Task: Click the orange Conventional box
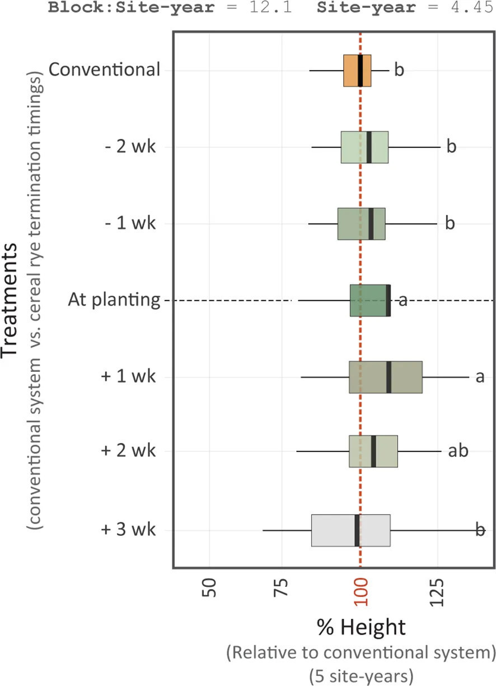(352, 71)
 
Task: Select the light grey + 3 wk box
(334, 530)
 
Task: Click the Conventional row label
(104, 71)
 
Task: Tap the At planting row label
(114, 301)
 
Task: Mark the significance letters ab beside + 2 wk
(458, 451)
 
